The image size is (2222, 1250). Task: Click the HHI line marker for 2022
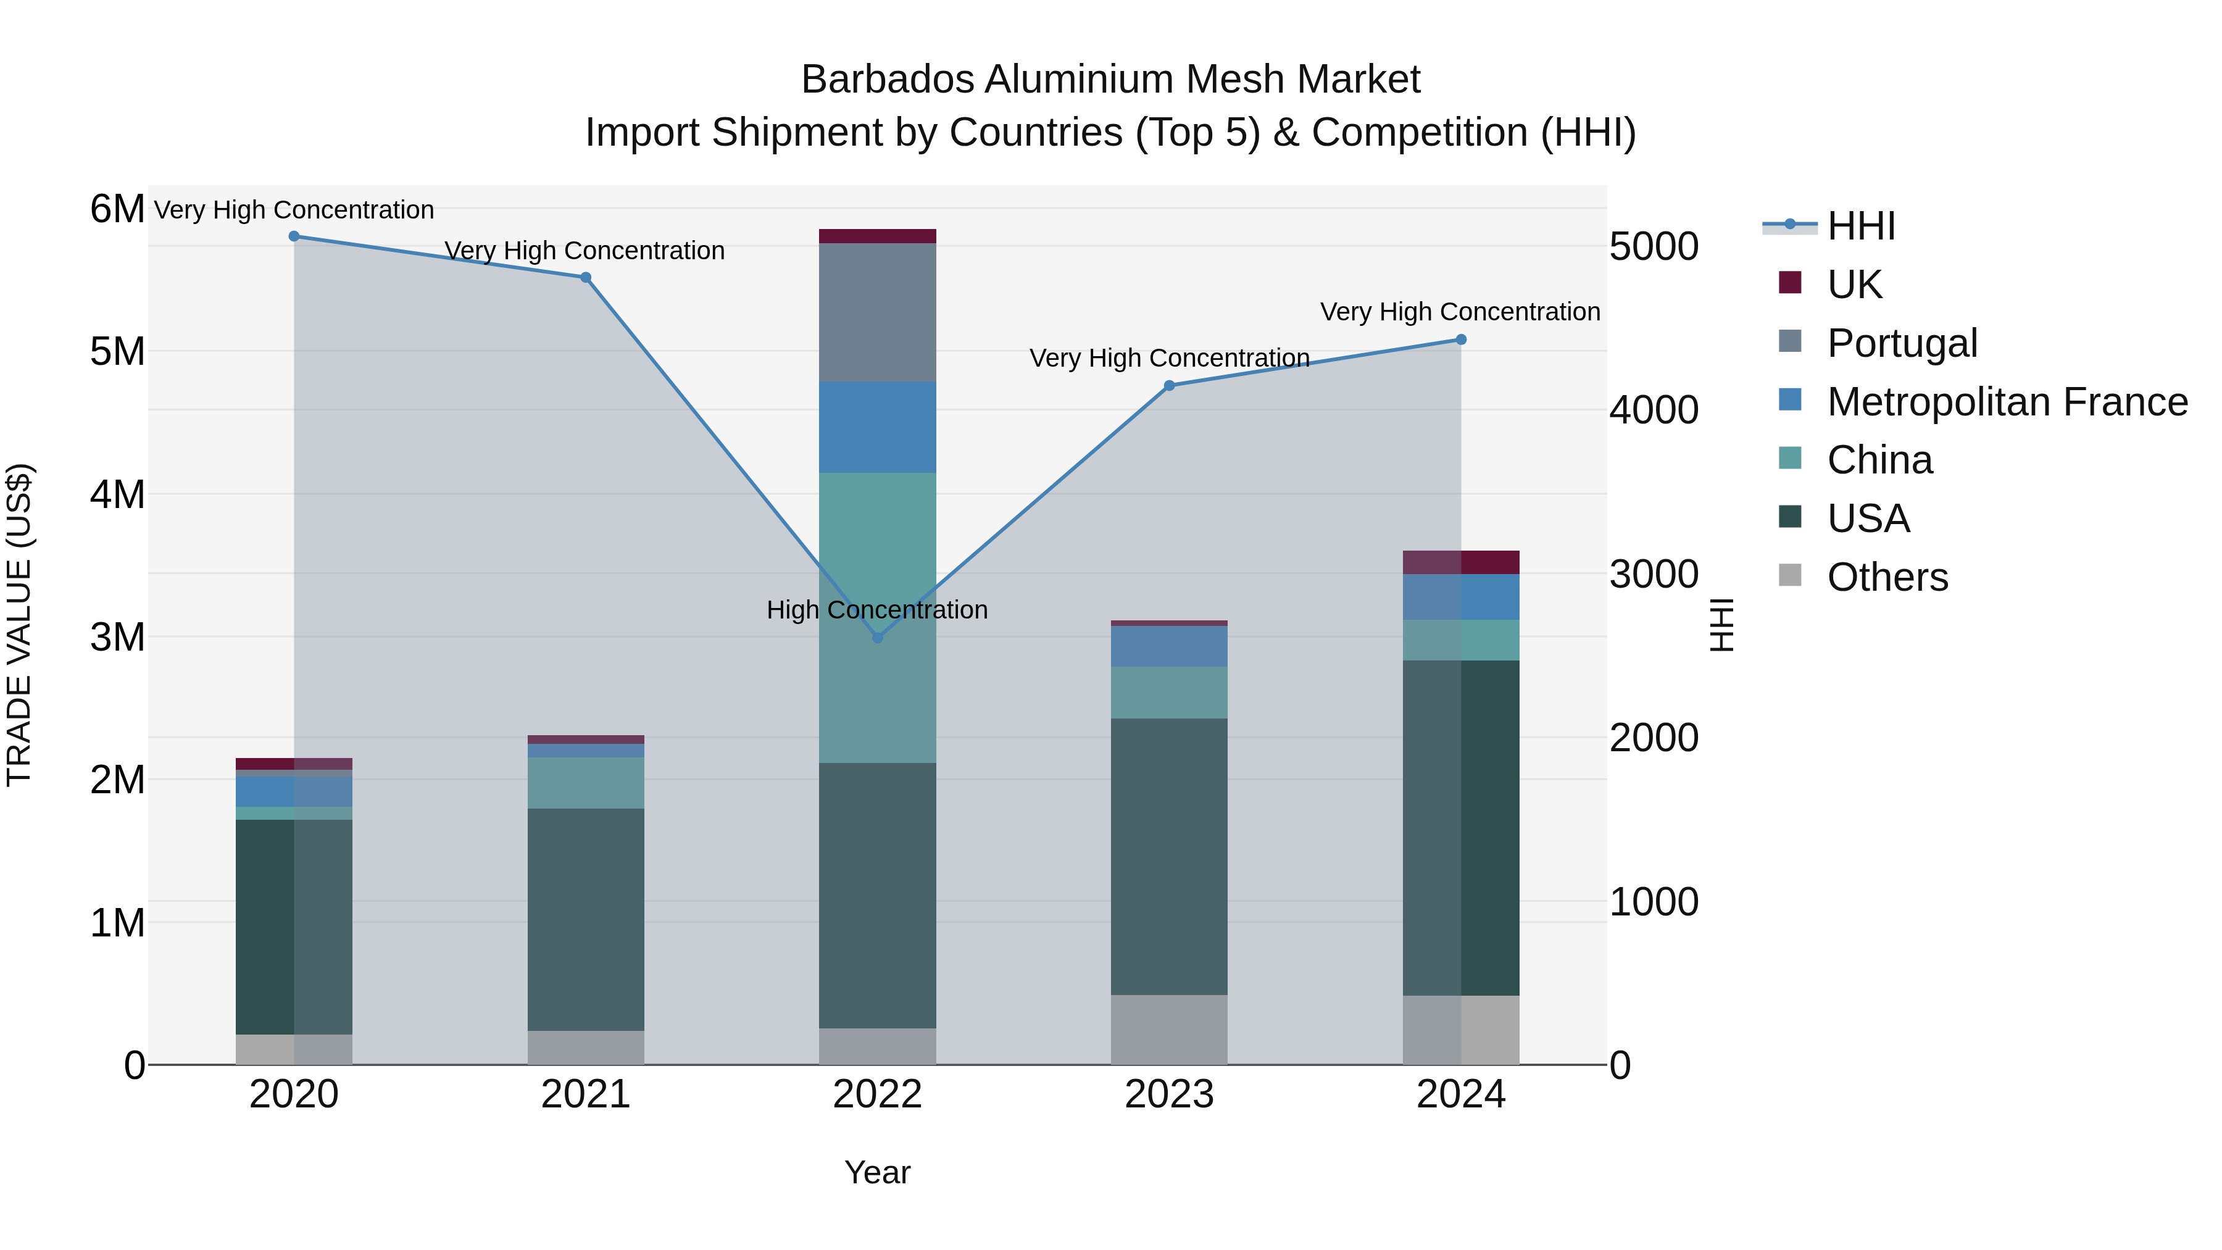(877, 638)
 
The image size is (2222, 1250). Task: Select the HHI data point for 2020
(294, 236)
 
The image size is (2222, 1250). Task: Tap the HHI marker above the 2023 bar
(1169, 386)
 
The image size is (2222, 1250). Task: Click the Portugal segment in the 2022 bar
(877, 312)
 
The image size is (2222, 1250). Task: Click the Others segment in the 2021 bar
(586, 1048)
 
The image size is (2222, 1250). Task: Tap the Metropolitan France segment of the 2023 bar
(1169, 646)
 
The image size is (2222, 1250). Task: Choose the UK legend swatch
(1790, 283)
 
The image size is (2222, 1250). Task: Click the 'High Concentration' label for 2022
(877, 610)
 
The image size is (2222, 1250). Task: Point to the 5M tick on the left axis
(117, 351)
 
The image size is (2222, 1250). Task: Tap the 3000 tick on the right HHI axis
(1654, 575)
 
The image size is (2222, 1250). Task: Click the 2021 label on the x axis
(586, 1094)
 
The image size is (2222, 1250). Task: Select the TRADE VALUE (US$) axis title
(19, 625)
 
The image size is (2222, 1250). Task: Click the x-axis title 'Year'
(877, 1172)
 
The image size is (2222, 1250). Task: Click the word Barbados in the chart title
(888, 80)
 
